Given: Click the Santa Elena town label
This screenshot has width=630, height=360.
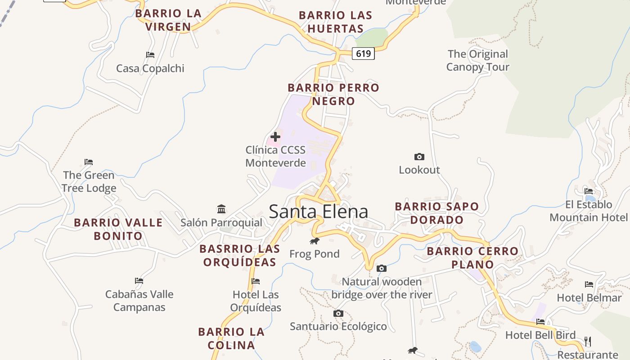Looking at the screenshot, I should [318, 211].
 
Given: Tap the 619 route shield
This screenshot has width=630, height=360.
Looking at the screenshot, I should [363, 54].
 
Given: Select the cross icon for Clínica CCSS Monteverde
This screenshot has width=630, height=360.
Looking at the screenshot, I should [275, 136].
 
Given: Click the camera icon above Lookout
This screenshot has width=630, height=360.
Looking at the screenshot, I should [419, 157].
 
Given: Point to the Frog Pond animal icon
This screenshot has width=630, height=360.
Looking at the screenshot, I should [315, 241].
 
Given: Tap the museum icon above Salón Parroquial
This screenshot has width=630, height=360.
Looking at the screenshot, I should [221, 209].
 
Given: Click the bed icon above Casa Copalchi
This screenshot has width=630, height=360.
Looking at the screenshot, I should [150, 55].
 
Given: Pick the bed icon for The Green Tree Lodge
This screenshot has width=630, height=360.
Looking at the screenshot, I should [89, 162].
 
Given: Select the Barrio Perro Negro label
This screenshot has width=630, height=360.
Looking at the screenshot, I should [333, 94].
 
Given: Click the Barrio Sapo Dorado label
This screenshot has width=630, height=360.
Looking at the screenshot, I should [436, 213].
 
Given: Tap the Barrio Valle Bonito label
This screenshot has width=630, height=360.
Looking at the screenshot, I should [118, 229].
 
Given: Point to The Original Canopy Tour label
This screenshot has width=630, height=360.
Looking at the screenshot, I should [477, 60].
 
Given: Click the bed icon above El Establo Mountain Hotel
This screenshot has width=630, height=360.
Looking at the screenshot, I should [589, 191].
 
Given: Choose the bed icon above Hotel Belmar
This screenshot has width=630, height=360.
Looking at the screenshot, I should [589, 284].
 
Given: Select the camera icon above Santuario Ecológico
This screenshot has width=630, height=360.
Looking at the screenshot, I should [338, 313].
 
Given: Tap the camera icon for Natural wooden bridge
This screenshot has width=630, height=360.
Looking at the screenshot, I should [382, 269].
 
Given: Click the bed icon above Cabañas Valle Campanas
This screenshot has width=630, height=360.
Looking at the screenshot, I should [139, 280].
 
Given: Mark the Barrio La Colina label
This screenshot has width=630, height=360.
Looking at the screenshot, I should [231, 338].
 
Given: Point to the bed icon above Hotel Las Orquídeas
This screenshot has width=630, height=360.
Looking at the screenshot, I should [256, 281].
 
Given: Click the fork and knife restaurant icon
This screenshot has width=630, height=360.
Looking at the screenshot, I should [587, 341].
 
